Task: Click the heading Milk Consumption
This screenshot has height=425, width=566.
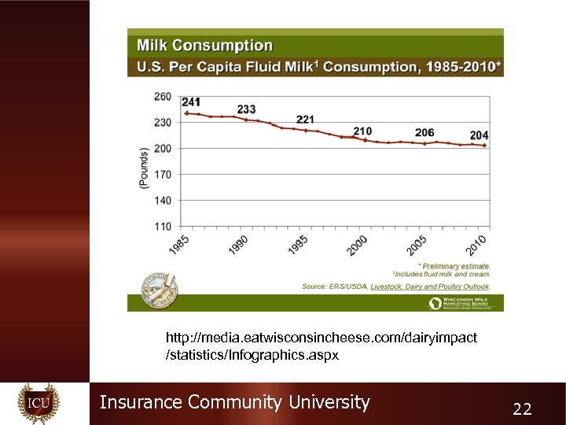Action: (205, 46)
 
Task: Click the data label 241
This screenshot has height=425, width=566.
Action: (190, 102)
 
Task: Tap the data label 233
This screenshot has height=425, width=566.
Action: (246, 109)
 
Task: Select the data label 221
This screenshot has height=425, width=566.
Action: (305, 120)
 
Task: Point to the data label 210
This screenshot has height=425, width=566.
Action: (362, 131)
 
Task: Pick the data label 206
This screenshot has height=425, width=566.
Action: (424, 132)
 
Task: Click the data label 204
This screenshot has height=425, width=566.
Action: (479, 135)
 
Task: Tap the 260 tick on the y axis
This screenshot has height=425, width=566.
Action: (163, 96)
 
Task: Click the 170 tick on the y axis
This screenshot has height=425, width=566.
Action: (163, 174)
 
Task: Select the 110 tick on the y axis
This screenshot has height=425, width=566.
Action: (163, 226)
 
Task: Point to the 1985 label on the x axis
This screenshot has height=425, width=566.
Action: (178, 245)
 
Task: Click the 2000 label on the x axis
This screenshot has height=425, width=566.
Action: (358, 245)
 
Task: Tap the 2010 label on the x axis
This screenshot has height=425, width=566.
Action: (476, 245)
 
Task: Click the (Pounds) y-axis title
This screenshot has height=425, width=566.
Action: (143, 167)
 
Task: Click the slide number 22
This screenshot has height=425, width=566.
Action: (522, 408)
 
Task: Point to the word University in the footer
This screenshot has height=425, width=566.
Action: (329, 402)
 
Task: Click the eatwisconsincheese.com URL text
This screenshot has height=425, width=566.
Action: (321, 337)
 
